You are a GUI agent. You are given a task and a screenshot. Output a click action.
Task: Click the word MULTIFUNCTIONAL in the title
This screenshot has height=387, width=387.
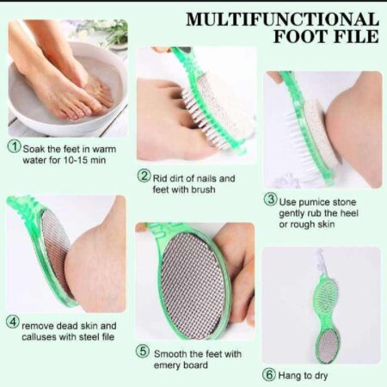pyautogui.click(x=281, y=19)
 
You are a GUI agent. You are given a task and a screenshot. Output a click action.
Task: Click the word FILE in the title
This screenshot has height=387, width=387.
pyautogui.click(x=353, y=37)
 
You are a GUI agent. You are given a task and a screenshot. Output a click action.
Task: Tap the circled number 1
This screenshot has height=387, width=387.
pyautogui.click(x=14, y=145)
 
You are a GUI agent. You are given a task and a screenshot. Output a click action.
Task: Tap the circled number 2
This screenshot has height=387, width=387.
pyautogui.click(x=144, y=177)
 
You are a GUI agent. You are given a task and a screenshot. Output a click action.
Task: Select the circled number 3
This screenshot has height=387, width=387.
pyautogui.click(x=271, y=200)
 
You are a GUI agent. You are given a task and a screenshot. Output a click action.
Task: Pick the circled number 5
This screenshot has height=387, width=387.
pyautogui.click(x=143, y=353)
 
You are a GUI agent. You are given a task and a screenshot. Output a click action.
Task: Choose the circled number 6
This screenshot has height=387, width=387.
pyautogui.click(x=270, y=375)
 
